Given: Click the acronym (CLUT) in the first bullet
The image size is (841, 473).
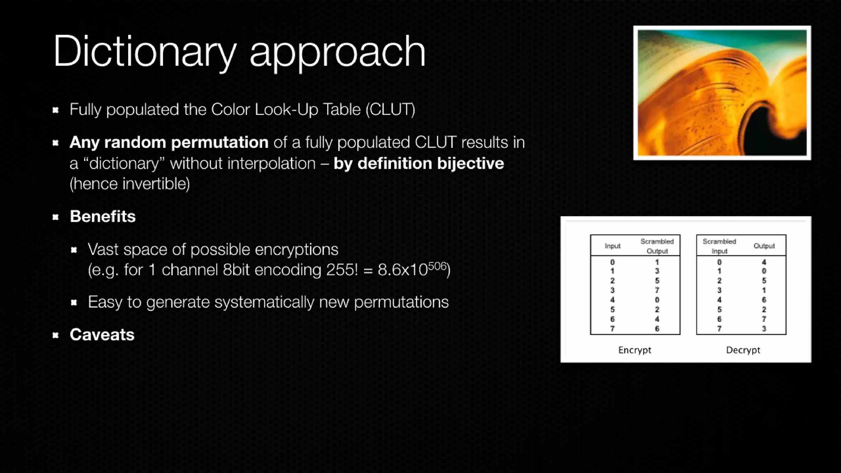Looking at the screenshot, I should pyautogui.click(x=391, y=110).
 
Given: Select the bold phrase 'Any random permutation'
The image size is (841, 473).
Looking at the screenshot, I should pyautogui.click(x=169, y=142).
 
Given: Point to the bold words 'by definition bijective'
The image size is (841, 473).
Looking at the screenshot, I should pyautogui.click(x=418, y=163).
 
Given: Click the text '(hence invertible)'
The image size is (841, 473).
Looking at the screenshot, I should pyautogui.click(x=130, y=184).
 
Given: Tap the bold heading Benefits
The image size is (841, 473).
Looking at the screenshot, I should pyautogui.click(x=103, y=216).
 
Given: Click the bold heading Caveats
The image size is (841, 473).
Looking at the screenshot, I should pyautogui.click(x=102, y=335).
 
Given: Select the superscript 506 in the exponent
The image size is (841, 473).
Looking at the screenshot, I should pyautogui.click(x=437, y=266).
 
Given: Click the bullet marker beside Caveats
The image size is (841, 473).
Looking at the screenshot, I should pyautogui.click(x=56, y=335).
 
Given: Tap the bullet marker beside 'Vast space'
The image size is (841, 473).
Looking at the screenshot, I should pyautogui.click(x=74, y=250).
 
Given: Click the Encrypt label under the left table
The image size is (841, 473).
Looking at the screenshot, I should pyautogui.click(x=634, y=350).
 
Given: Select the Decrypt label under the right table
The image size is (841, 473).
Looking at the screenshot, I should pyautogui.click(x=743, y=350).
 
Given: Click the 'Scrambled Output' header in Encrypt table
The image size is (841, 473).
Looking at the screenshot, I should pyautogui.click(x=657, y=246).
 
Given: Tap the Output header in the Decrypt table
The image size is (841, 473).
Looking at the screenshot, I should pyautogui.click(x=764, y=246).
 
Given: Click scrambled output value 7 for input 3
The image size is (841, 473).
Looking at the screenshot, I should pyautogui.click(x=657, y=290).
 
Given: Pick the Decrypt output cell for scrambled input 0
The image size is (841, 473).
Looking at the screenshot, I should pyautogui.click(x=764, y=262).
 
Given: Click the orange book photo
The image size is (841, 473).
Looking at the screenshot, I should pyautogui.click(x=722, y=93).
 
